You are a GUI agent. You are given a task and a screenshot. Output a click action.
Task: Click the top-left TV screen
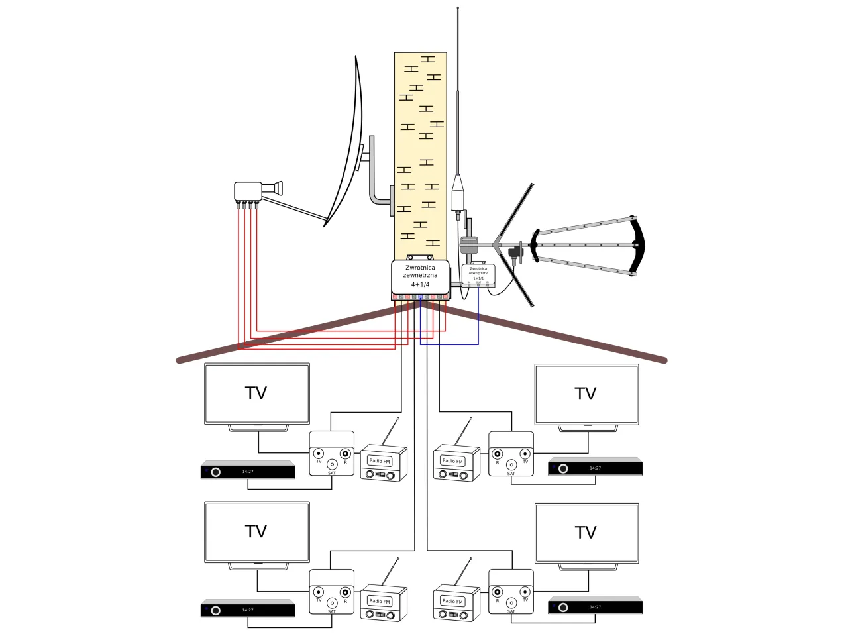pyautogui.click(x=256, y=393)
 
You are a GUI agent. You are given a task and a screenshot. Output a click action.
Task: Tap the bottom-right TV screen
pyautogui.click(x=586, y=533)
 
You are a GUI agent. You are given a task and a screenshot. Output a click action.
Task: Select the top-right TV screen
pyautogui.click(x=586, y=394)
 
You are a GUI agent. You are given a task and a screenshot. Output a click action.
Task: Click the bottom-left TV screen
pyautogui.click(x=256, y=532)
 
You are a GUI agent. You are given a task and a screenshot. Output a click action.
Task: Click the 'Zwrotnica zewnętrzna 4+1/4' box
pyautogui.click(x=420, y=277)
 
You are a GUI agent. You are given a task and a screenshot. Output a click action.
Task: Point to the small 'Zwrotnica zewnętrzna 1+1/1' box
pyautogui.click(x=478, y=274)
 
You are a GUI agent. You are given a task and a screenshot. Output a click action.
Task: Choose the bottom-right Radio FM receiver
pyautogui.click(x=456, y=604)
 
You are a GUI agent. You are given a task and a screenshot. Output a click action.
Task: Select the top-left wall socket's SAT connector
pyautogui.click(x=332, y=464)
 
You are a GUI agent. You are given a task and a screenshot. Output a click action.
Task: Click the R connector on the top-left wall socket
pyautogui.click(x=345, y=454)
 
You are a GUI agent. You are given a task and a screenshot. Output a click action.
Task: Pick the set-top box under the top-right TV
pyautogui.click(x=595, y=468)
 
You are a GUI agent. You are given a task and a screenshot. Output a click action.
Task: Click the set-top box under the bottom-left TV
pyautogui.click(x=248, y=609)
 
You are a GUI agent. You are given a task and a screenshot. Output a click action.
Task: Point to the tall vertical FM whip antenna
pyautogui.click(x=458, y=99)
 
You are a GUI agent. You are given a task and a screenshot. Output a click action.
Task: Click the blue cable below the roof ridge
pyautogui.click(x=450, y=344)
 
